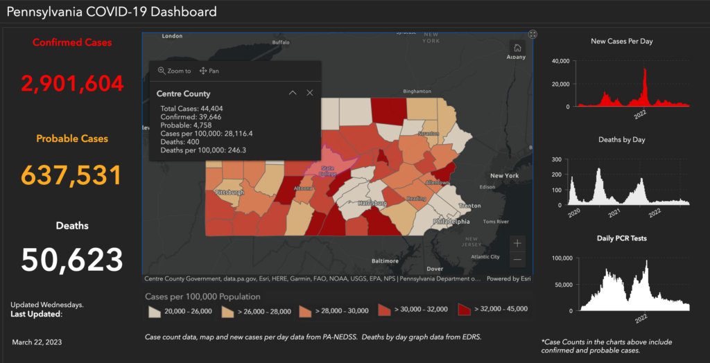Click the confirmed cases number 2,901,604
72,84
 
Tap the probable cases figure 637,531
72,175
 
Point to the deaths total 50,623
72,260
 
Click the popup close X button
310,93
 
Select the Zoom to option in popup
175,71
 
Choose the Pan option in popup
209,71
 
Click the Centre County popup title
184,94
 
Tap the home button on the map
517,48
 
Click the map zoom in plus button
517,243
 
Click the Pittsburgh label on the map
230,192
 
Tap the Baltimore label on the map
385,261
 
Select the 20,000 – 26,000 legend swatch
155,310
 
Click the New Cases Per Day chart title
621,42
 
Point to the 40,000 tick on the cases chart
561,62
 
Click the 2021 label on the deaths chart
614,213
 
